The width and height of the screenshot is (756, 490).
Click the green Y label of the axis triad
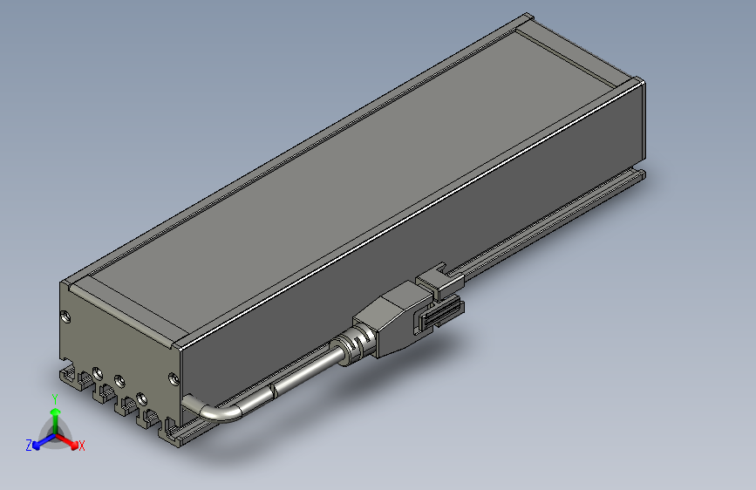tap(55, 398)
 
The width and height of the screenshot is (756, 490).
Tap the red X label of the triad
tap(81, 446)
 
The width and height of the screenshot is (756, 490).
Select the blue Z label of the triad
tap(29, 446)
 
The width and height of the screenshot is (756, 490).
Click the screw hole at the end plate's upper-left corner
tap(64, 315)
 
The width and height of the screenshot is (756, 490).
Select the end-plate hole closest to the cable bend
tap(173, 378)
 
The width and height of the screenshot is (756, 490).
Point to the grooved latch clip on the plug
tap(442, 313)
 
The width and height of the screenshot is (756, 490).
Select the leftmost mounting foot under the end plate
tap(70, 377)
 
